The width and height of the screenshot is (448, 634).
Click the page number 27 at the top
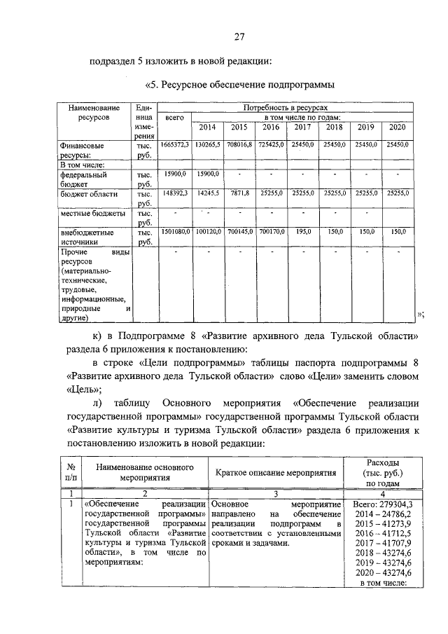[x=238, y=36]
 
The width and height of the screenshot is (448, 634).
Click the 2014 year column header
[x=207, y=128]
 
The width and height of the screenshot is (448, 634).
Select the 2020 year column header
[x=398, y=128]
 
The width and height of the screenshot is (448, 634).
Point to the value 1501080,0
[x=175, y=230]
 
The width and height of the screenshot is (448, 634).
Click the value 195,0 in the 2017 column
[x=302, y=230]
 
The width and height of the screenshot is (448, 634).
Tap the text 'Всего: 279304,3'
[x=383, y=503]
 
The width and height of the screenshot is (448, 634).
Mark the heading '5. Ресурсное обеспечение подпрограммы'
[x=237, y=85]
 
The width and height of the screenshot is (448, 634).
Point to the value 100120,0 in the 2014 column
[x=208, y=230]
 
